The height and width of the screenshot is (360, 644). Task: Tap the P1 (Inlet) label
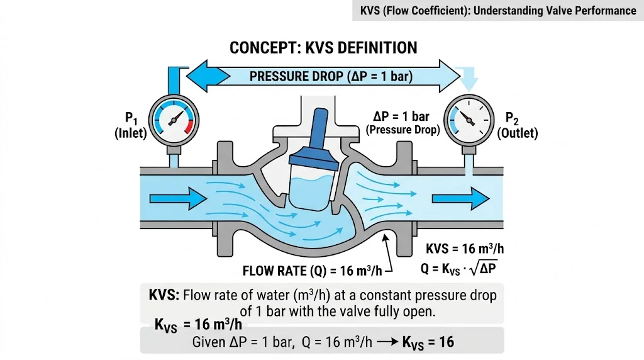[131, 125]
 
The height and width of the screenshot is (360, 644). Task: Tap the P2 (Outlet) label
[517, 125]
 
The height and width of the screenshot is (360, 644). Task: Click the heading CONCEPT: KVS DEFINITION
[323, 48]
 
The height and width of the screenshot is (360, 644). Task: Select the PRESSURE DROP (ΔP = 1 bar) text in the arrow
[330, 77]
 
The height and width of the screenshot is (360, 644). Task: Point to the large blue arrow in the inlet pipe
[178, 199]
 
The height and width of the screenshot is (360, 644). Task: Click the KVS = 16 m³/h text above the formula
[465, 249]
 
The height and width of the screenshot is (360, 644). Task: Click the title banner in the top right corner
[498, 11]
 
